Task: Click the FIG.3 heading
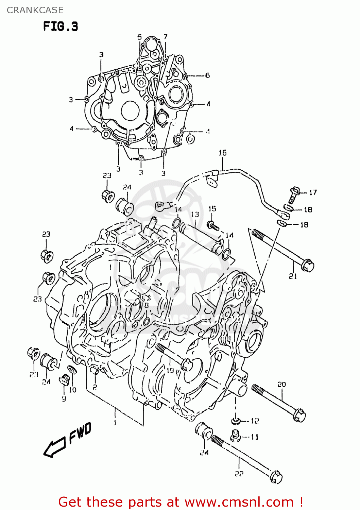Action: click(x=61, y=26)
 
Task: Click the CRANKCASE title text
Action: click(x=35, y=10)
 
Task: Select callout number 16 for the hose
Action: click(x=222, y=153)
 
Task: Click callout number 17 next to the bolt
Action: click(x=313, y=192)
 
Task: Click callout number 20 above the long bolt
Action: click(x=281, y=385)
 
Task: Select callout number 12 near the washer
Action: click(x=255, y=421)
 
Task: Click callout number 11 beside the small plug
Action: click(x=255, y=437)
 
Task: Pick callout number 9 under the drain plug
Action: click(x=64, y=398)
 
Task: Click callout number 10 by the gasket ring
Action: click(x=73, y=390)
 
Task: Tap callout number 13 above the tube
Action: click(x=195, y=214)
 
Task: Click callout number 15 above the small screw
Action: click(x=212, y=209)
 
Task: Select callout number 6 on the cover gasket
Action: click(x=207, y=75)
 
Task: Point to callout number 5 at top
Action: click(x=139, y=37)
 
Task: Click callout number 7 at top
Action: click(x=166, y=37)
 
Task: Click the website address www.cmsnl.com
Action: click(x=239, y=502)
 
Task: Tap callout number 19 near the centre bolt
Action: click(x=170, y=371)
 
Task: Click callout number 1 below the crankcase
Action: click(x=115, y=423)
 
